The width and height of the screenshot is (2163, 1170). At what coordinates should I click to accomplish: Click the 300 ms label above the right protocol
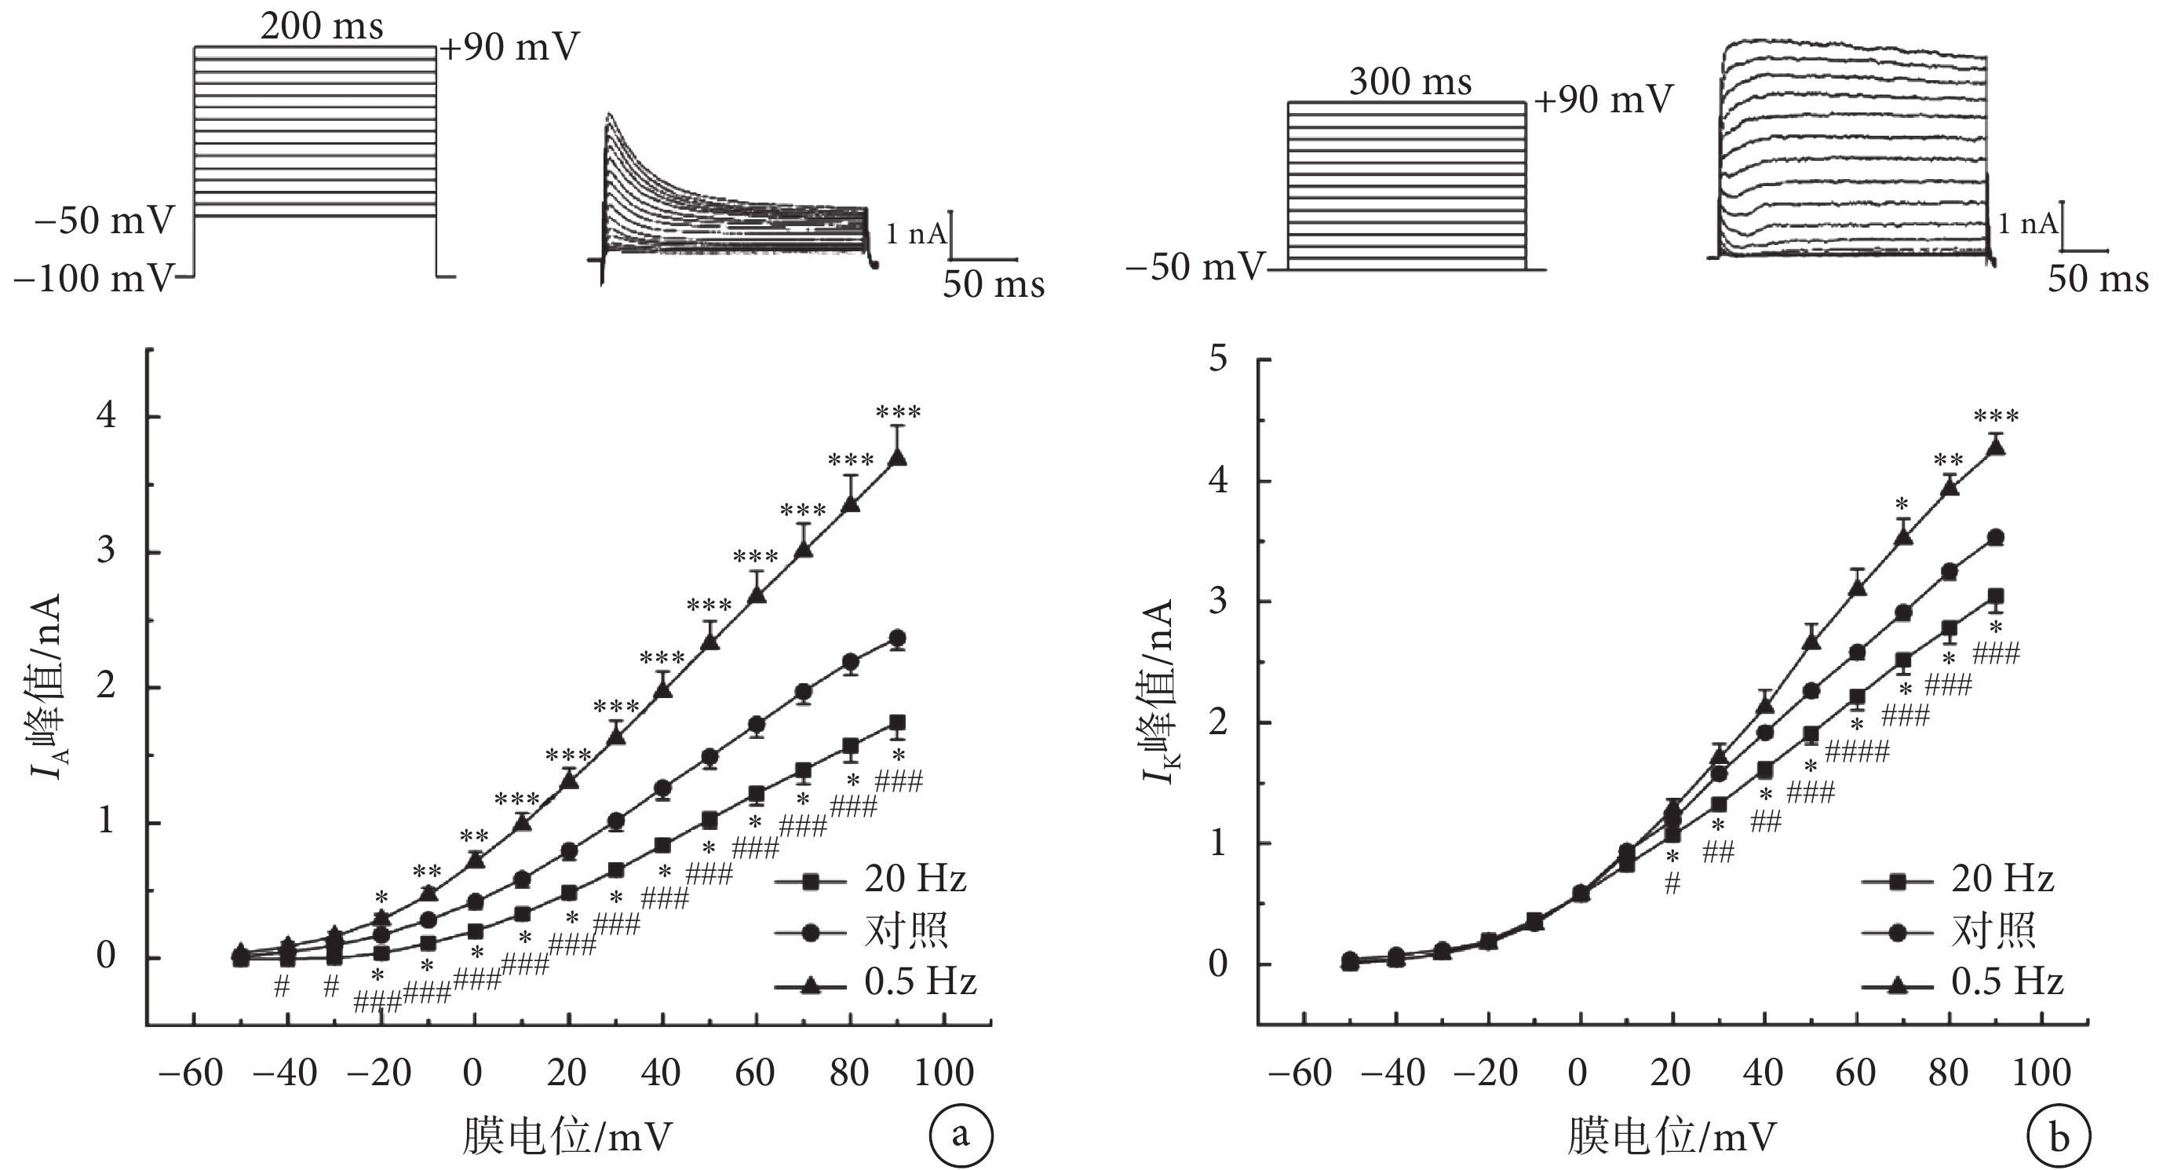coord(1410,82)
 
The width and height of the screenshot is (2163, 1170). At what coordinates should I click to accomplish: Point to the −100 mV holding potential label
coord(94,278)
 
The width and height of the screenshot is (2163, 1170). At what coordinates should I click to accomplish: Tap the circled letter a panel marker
coord(961,1135)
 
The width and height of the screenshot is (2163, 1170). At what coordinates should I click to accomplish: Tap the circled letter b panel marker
coord(2059,1138)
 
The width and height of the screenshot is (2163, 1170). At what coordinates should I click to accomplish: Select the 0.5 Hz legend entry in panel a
coord(921,981)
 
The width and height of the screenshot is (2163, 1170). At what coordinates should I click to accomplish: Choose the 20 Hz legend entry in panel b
coord(2002,879)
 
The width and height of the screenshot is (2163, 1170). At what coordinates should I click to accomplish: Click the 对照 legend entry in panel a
coord(906,931)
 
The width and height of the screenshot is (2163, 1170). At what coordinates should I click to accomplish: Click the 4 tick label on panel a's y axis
coord(107,415)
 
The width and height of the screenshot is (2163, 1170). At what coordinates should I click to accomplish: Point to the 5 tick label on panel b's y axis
coord(1217,360)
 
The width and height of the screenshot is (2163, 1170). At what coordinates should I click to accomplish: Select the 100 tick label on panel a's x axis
coord(945,1073)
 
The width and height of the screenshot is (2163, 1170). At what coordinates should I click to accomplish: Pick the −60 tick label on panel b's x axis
coord(1300,1073)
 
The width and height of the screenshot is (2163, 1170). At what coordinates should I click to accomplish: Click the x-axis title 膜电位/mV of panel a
coord(567,1136)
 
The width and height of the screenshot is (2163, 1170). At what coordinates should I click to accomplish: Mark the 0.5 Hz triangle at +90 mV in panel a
coord(898,457)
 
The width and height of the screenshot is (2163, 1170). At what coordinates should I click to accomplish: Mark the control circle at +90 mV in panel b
coord(1996,538)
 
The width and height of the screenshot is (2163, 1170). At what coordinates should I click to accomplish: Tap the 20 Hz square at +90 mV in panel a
coord(898,722)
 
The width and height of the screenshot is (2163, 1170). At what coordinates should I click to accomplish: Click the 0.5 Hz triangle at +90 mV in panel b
coord(1996,447)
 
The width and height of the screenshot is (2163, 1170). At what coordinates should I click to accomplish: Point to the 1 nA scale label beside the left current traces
coord(915,233)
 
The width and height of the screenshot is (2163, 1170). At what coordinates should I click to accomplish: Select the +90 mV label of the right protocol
coord(1603,100)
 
